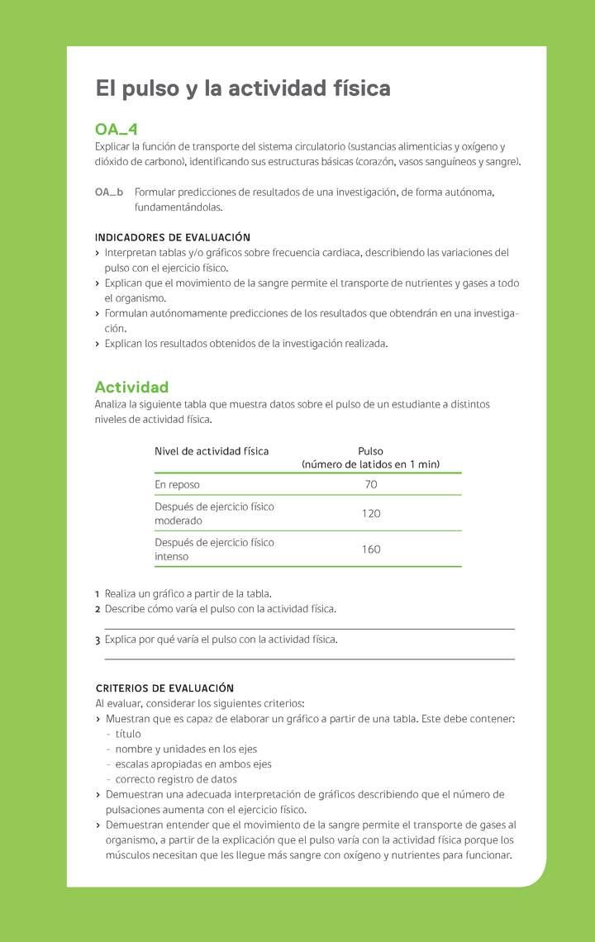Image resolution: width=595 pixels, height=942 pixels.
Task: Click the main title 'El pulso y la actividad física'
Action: click(243, 88)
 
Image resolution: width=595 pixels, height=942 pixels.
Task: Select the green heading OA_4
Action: click(117, 130)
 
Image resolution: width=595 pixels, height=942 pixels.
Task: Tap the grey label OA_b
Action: click(109, 193)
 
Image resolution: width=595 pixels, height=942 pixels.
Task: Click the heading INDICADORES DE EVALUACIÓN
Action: click(173, 237)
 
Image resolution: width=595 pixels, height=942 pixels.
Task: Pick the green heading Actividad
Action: click(131, 387)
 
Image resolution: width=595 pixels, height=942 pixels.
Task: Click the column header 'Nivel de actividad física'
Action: click(212, 451)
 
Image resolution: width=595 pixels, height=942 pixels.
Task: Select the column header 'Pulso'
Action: click(370, 451)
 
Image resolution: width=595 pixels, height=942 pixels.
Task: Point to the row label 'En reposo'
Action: click(177, 484)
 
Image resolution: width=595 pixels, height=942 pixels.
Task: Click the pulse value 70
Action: click(370, 484)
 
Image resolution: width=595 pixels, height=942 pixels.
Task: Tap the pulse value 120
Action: click(371, 513)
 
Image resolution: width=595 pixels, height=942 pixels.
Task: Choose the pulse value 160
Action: click(371, 549)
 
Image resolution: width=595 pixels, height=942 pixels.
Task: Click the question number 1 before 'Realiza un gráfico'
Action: click(98, 594)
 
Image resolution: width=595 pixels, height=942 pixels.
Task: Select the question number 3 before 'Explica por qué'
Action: click(98, 640)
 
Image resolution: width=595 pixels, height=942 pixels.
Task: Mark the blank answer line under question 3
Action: click(309, 659)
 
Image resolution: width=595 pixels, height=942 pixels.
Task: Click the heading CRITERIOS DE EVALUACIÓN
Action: click(165, 688)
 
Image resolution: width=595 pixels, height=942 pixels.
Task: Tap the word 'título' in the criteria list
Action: click(128, 734)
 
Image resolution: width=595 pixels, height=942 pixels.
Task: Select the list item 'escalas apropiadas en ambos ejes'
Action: click(193, 764)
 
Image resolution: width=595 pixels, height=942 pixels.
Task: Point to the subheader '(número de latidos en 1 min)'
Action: click(370, 464)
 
